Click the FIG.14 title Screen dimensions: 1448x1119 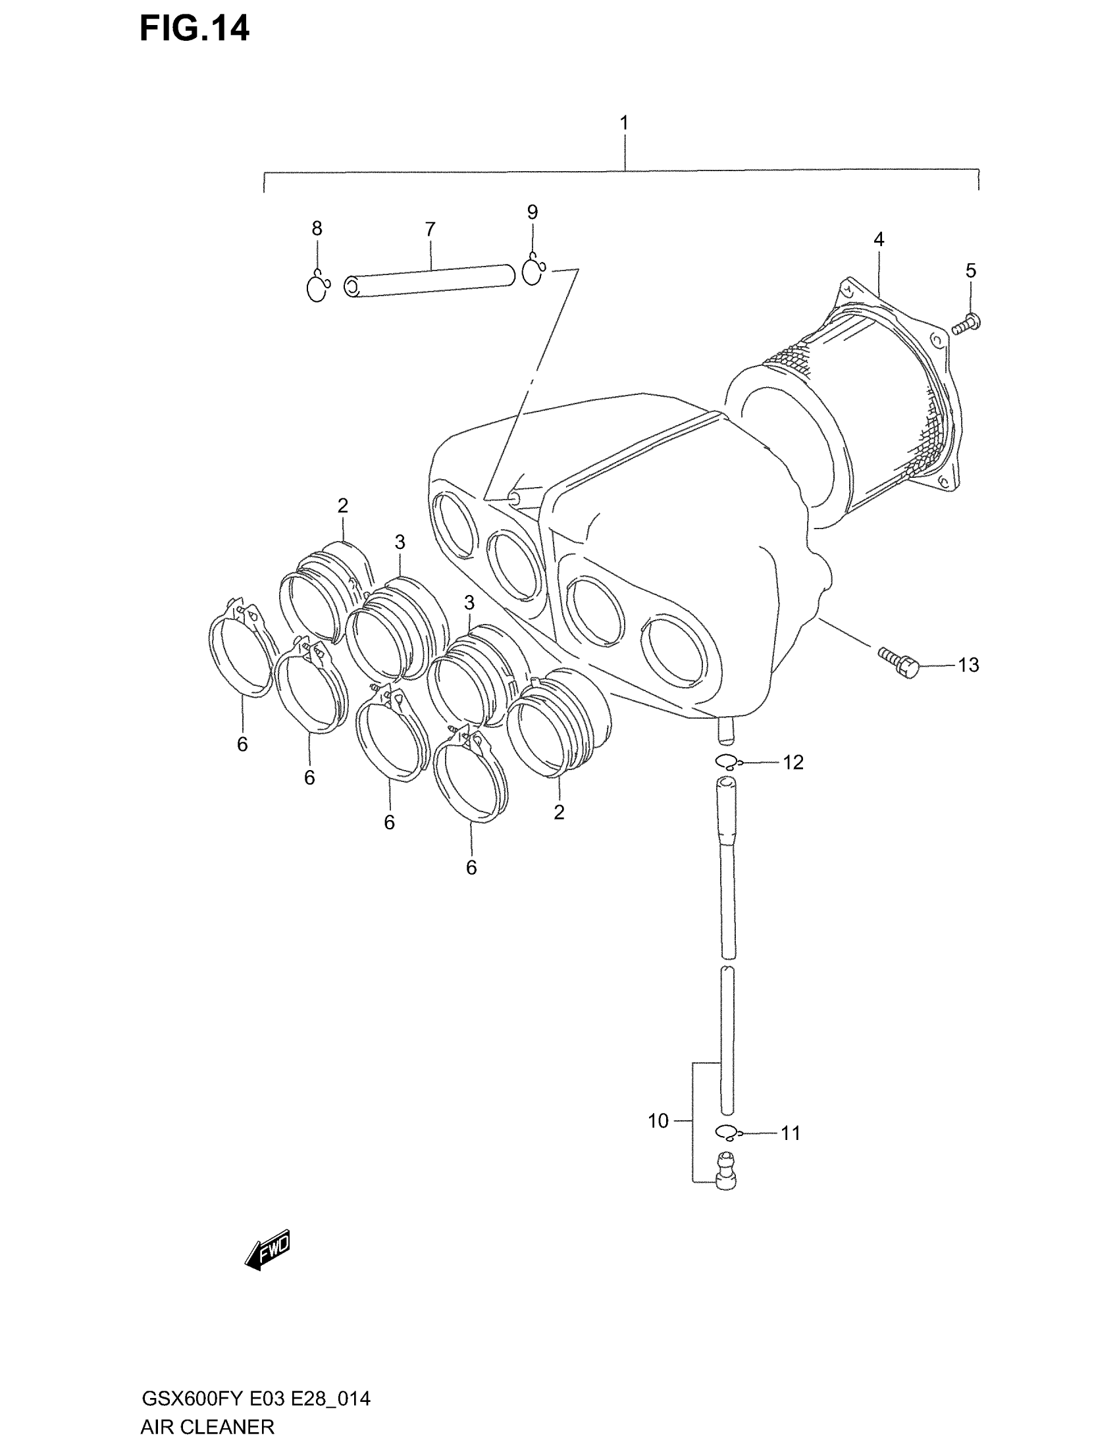[x=194, y=30]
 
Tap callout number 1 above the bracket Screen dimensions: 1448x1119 [x=623, y=123]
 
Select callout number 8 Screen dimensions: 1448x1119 [x=317, y=229]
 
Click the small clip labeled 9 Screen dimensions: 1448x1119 [x=533, y=272]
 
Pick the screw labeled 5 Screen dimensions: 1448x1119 [x=966, y=325]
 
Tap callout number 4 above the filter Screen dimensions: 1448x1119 [x=878, y=240]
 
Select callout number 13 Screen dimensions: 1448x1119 [x=968, y=665]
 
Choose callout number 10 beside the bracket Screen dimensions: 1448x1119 [x=658, y=1121]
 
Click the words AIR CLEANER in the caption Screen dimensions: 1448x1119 [x=207, y=1427]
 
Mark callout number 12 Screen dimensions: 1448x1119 [x=793, y=763]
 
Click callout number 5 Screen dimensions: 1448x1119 [x=970, y=271]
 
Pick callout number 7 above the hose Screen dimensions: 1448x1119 [x=430, y=230]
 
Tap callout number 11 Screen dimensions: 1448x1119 [x=790, y=1134]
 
